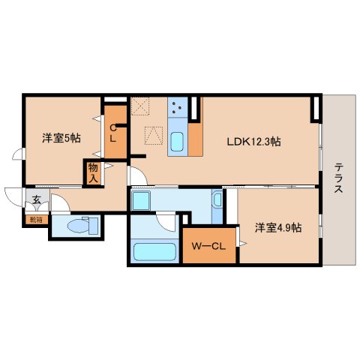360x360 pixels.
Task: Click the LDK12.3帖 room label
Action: [x=255, y=140]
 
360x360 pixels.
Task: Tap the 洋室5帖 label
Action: [x=61, y=137]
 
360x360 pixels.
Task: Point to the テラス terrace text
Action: [x=339, y=178]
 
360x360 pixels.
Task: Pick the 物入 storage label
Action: [x=93, y=173]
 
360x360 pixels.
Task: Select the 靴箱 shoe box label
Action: [x=36, y=220]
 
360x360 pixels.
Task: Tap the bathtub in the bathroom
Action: [x=154, y=253]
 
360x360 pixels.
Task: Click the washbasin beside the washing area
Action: [x=216, y=200]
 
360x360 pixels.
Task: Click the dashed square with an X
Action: [x=140, y=106]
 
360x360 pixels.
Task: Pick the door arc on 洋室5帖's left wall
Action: [x=19, y=156]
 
